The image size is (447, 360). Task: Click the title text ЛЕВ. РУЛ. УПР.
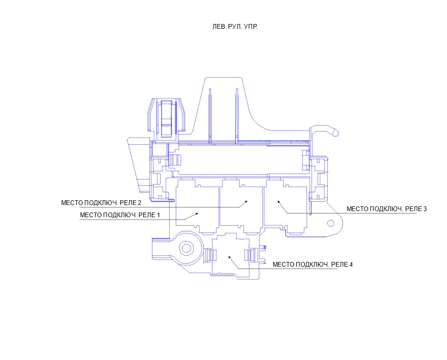[x=235, y=27]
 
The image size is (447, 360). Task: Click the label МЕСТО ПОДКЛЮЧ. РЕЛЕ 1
[x=120, y=215]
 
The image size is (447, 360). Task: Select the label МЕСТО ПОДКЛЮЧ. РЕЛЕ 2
[x=101, y=203]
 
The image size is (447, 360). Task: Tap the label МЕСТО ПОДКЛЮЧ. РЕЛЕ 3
[x=387, y=209]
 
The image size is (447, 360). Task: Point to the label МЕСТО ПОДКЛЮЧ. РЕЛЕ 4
[x=313, y=264]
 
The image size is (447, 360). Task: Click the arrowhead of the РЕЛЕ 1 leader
[x=197, y=213]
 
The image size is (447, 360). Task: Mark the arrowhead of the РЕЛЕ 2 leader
[x=245, y=202]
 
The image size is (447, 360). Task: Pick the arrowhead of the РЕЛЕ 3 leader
[x=279, y=202]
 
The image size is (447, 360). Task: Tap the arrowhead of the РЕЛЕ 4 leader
[x=230, y=257]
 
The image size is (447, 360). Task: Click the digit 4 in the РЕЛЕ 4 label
[x=351, y=264]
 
